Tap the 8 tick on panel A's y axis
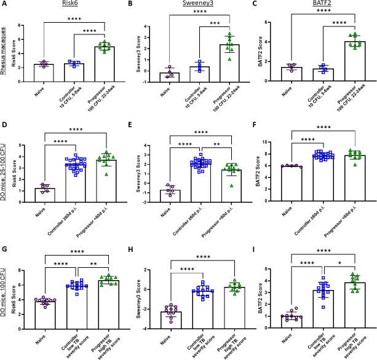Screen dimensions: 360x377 click(21, 26)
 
